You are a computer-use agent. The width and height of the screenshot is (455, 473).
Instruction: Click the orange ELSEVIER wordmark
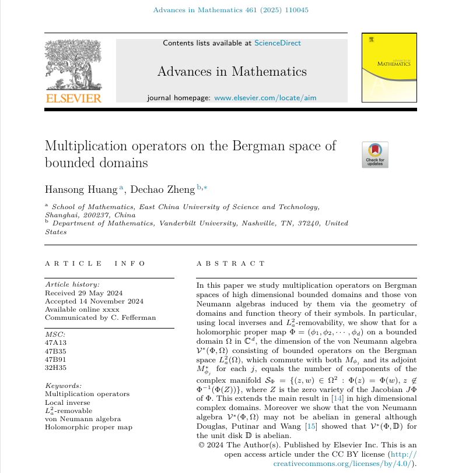[73, 98]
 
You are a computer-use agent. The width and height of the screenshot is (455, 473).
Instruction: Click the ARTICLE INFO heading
[95, 263]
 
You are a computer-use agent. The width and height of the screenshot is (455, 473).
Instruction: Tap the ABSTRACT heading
[231, 263]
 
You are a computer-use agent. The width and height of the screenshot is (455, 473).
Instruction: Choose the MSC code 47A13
[56, 343]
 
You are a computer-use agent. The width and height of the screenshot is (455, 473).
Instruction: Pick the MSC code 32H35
[56, 368]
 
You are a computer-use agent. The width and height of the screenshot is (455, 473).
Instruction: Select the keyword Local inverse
[67, 403]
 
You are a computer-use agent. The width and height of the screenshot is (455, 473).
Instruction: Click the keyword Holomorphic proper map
[89, 427]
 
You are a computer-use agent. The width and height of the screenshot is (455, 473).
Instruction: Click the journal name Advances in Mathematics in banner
[232, 72]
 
